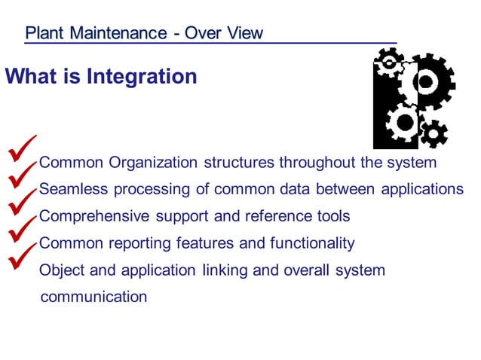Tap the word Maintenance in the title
point(112,33)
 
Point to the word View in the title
point(245,33)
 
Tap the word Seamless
point(72,189)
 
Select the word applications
point(421,189)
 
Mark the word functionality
point(307,243)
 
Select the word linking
point(223,270)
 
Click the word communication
point(93,297)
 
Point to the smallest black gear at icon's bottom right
point(433,134)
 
